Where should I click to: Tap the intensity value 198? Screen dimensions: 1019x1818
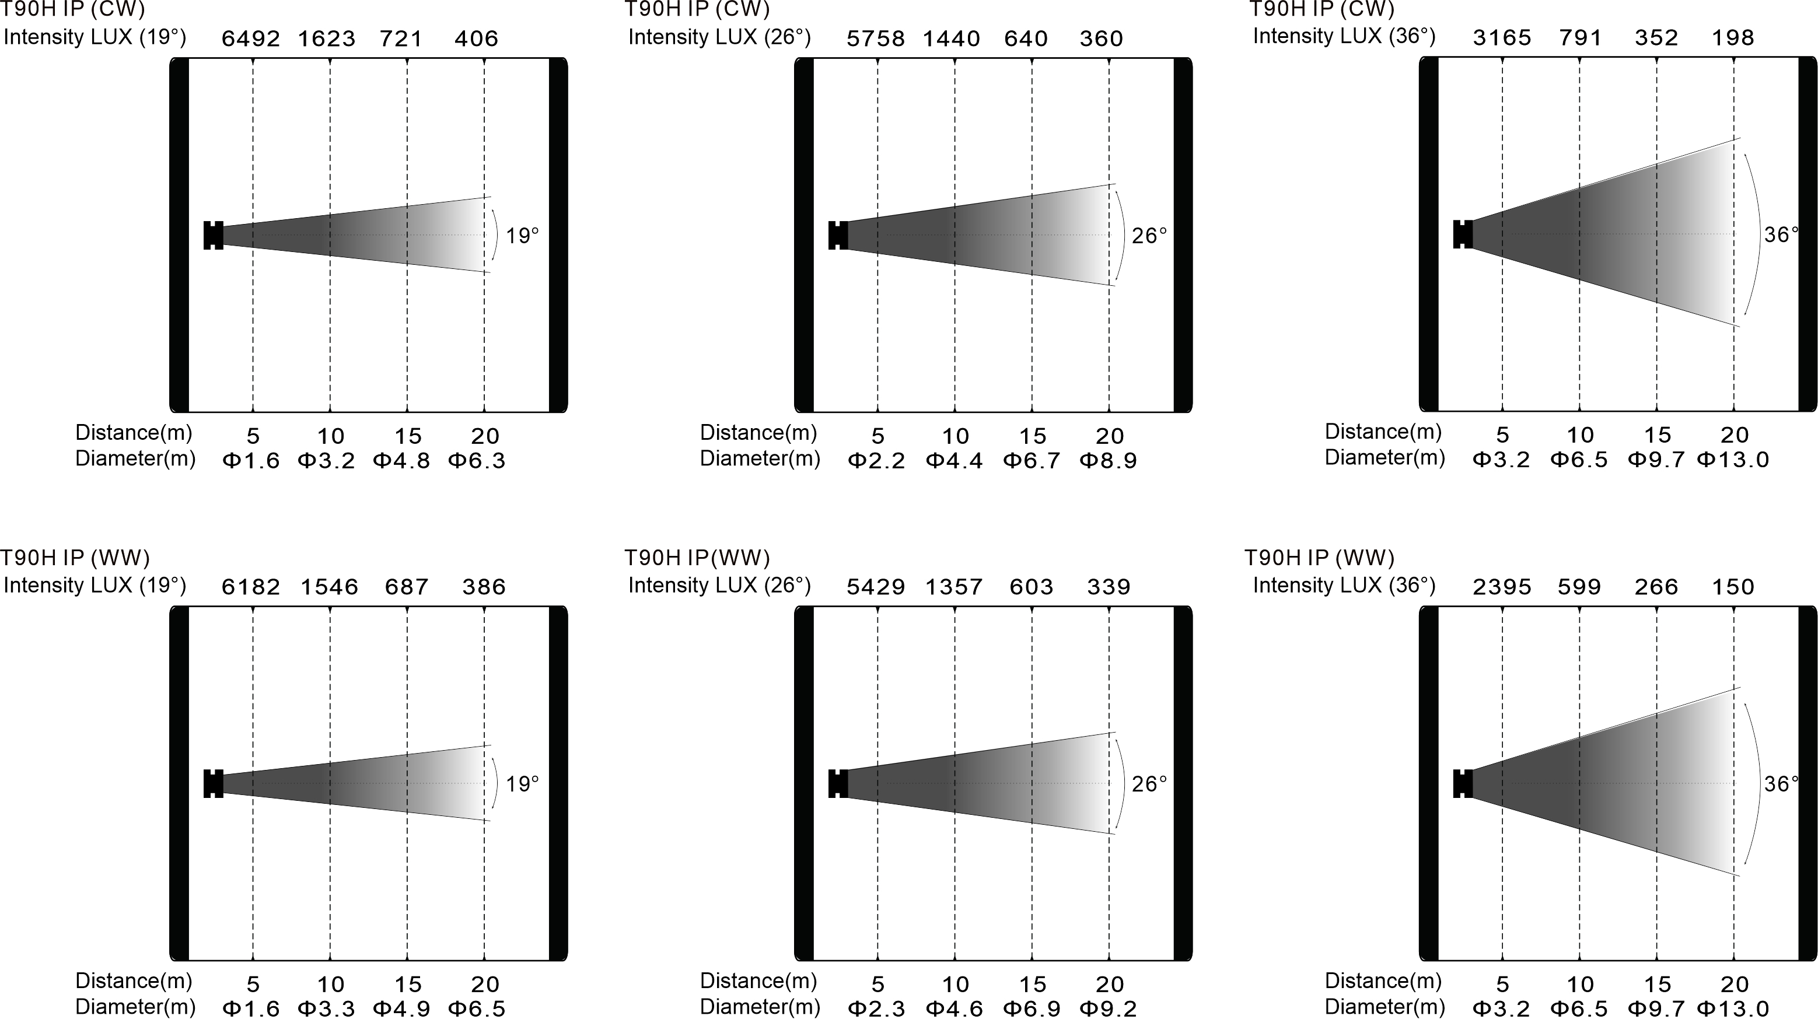click(1733, 37)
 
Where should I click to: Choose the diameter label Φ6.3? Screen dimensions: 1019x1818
click(477, 461)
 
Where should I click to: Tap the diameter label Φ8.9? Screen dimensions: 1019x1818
click(1108, 461)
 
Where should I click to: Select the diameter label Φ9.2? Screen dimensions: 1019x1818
click(1108, 1009)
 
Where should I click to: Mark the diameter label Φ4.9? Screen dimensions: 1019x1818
click(401, 1009)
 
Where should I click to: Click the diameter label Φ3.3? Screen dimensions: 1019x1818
click(326, 1009)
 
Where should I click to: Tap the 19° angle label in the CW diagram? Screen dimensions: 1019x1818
click(522, 235)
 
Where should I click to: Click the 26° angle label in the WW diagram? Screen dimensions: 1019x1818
click(1149, 784)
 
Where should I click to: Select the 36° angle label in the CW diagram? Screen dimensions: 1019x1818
click(1781, 234)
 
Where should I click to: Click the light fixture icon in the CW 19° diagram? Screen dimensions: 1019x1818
click(213, 235)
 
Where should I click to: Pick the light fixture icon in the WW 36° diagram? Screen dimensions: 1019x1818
click(1463, 783)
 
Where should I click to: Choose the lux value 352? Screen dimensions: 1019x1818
click(1656, 37)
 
